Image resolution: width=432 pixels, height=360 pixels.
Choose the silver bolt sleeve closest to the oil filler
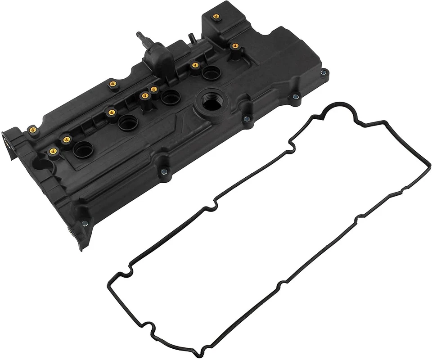click(x=247, y=118)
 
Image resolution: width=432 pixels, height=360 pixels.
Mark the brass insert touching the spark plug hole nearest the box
click(x=195, y=65)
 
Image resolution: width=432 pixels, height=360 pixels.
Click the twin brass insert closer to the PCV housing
click(x=154, y=89)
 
